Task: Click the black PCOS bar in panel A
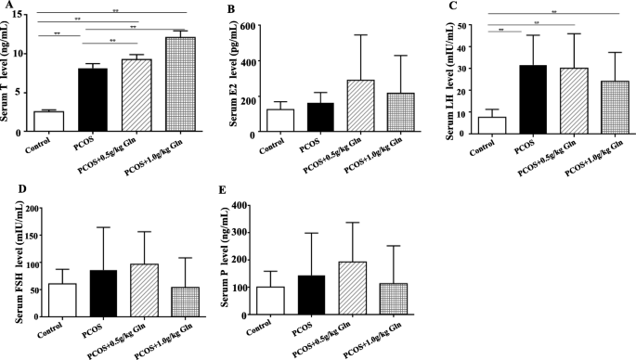(x=93, y=102)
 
